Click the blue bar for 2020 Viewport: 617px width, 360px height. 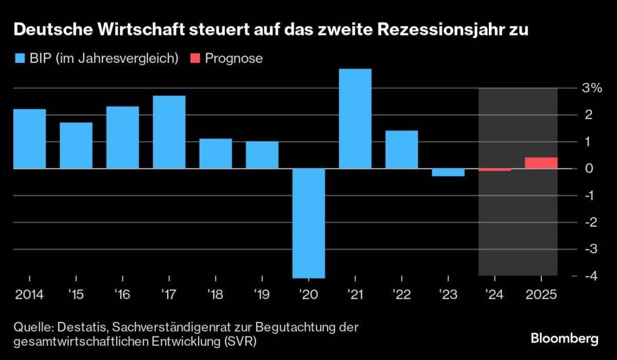click(x=308, y=223)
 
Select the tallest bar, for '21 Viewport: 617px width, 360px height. click(x=355, y=119)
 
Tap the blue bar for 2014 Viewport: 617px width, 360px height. click(x=29, y=139)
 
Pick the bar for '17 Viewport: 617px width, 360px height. click(x=169, y=132)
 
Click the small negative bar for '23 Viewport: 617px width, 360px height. click(x=448, y=172)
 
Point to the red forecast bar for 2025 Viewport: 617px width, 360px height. click(x=541, y=163)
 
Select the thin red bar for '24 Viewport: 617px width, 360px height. click(x=495, y=170)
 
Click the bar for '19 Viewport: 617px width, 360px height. click(x=262, y=155)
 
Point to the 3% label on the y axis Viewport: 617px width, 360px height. click(x=592, y=88)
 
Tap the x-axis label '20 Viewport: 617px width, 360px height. click(x=308, y=295)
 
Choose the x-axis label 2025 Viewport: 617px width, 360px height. click(x=541, y=295)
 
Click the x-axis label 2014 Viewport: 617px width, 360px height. click(x=29, y=295)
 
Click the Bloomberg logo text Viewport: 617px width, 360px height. click(x=565, y=339)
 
